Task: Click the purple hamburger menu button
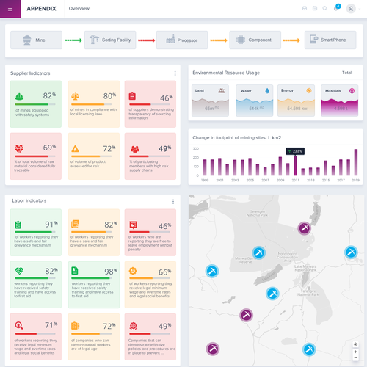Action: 10,8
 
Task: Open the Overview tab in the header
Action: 79,8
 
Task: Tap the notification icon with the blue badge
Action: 336,8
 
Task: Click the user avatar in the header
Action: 355,8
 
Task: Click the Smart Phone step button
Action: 326,40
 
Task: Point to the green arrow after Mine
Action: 73,40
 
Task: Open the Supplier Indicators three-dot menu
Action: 175,73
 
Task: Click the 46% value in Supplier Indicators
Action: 165,97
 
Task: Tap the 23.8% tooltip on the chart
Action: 295,151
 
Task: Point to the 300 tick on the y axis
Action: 196,148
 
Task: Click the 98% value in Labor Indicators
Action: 109,272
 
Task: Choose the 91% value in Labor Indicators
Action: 51,224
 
